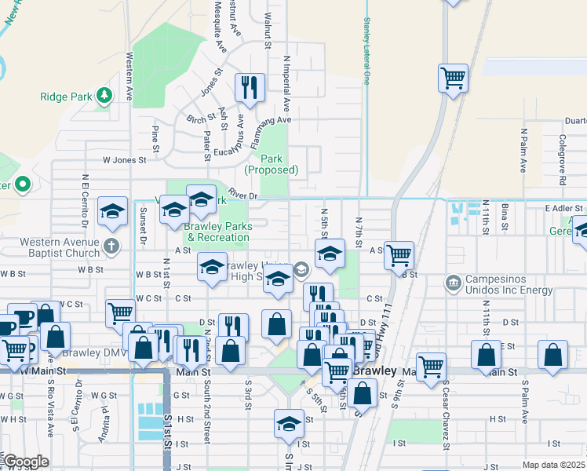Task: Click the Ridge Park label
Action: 67,97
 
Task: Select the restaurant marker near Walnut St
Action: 250,88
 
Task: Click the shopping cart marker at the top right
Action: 453,78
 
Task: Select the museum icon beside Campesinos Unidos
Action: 452,282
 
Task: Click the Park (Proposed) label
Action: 272,164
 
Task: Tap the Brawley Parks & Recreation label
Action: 217,232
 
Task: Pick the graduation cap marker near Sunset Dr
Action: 113,211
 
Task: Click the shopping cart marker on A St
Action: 399,254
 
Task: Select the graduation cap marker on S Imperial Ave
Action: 289,424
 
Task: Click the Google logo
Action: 26,462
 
